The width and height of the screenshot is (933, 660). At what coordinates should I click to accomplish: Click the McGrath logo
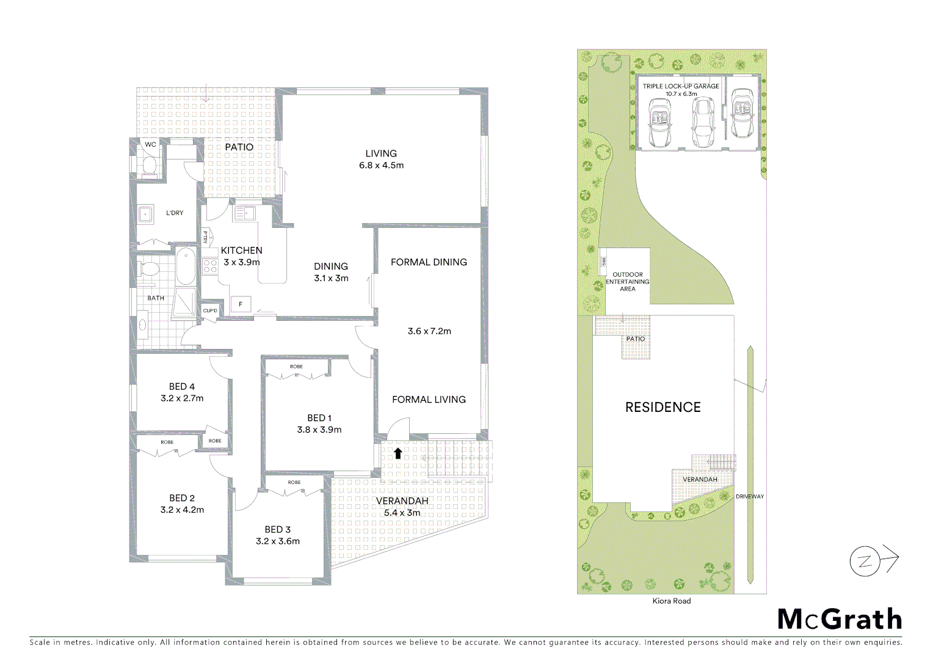[840, 619]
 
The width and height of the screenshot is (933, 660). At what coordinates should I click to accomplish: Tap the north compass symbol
[865, 561]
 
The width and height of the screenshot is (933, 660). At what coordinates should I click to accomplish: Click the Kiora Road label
[671, 601]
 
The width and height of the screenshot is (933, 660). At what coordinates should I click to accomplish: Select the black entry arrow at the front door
[398, 453]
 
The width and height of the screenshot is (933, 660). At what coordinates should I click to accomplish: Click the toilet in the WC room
[150, 166]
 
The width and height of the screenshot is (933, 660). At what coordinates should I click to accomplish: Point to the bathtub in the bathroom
[186, 266]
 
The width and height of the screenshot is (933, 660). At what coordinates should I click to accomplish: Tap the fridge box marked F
[241, 304]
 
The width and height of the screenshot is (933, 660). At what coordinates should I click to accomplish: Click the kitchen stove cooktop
[210, 266]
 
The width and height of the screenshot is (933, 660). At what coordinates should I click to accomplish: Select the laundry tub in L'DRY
[145, 214]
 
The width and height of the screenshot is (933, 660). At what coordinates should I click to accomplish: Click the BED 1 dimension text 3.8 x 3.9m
[319, 430]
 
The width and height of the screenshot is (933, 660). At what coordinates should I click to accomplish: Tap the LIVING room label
[381, 153]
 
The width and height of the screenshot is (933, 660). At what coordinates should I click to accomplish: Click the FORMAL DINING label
[429, 262]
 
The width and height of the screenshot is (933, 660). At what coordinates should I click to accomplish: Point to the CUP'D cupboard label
[210, 310]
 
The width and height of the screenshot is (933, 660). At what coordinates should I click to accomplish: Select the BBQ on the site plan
[603, 262]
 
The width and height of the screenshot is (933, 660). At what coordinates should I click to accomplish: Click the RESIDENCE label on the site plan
[663, 407]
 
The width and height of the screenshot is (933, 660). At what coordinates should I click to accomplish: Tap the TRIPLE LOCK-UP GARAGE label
[680, 86]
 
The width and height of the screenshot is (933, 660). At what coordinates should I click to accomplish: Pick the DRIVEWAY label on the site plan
[749, 496]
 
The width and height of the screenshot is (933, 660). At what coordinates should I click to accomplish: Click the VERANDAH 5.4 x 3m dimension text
[402, 513]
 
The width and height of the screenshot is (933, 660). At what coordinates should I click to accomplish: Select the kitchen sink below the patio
[245, 213]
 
